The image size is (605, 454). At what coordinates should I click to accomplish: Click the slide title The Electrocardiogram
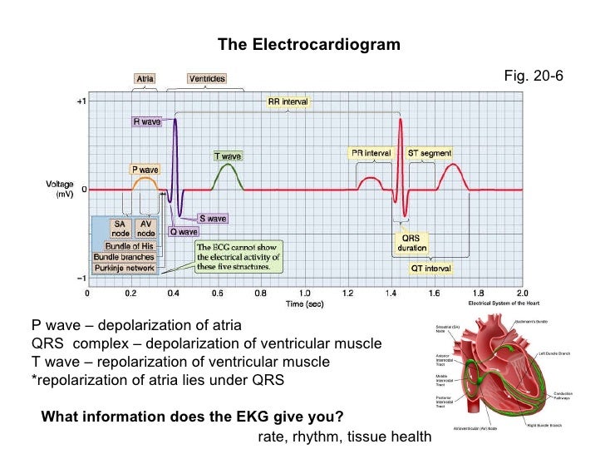tap(308, 43)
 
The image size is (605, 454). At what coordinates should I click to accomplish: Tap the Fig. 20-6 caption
tap(534, 76)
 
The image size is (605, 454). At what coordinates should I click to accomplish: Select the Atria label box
tap(145, 79)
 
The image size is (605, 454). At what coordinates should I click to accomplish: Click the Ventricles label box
tap(207, 79)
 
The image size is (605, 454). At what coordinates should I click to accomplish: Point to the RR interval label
tap(288, 102)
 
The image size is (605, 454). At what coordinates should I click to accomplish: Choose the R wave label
tap(148, 121)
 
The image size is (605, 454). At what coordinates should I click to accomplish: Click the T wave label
tap(228, 155)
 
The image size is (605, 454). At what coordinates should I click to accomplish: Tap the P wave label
tap(145, 169)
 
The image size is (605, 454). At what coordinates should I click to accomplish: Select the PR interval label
tap(371, 154)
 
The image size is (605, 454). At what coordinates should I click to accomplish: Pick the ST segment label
tap(430, 154)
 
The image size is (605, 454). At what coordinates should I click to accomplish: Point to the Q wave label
tap(184, 232)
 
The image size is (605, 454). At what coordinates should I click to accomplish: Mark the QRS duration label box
tap(410, 243)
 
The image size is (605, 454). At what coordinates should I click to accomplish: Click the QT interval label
tap(430, 269)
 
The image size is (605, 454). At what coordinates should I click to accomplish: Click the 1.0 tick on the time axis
tap(305, 293)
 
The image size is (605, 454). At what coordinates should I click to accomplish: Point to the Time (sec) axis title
tap(305, 304)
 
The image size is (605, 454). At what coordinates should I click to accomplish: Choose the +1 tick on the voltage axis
tap(81, 101)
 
